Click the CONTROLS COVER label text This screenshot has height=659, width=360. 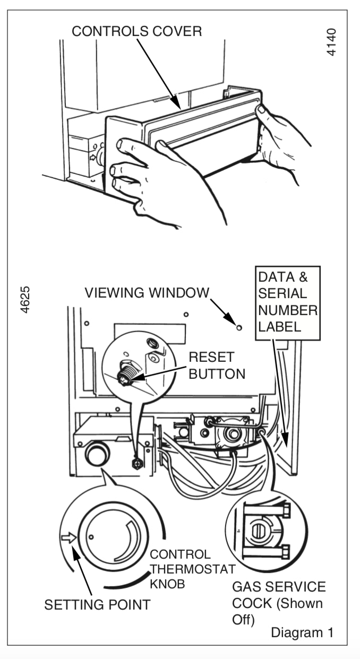pos(136,31)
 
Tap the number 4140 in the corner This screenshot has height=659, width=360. pos(332,42)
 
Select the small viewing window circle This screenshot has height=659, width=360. pos(239,327)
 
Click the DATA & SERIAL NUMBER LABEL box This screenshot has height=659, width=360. pos(287,301)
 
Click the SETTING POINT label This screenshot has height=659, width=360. pos(97,604)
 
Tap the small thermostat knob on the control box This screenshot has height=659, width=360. pos(97,454)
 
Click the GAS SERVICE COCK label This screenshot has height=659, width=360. pos(278,603)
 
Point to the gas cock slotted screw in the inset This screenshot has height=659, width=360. pos(258,531)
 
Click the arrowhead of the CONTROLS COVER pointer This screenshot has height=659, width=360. pos(178,107)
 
